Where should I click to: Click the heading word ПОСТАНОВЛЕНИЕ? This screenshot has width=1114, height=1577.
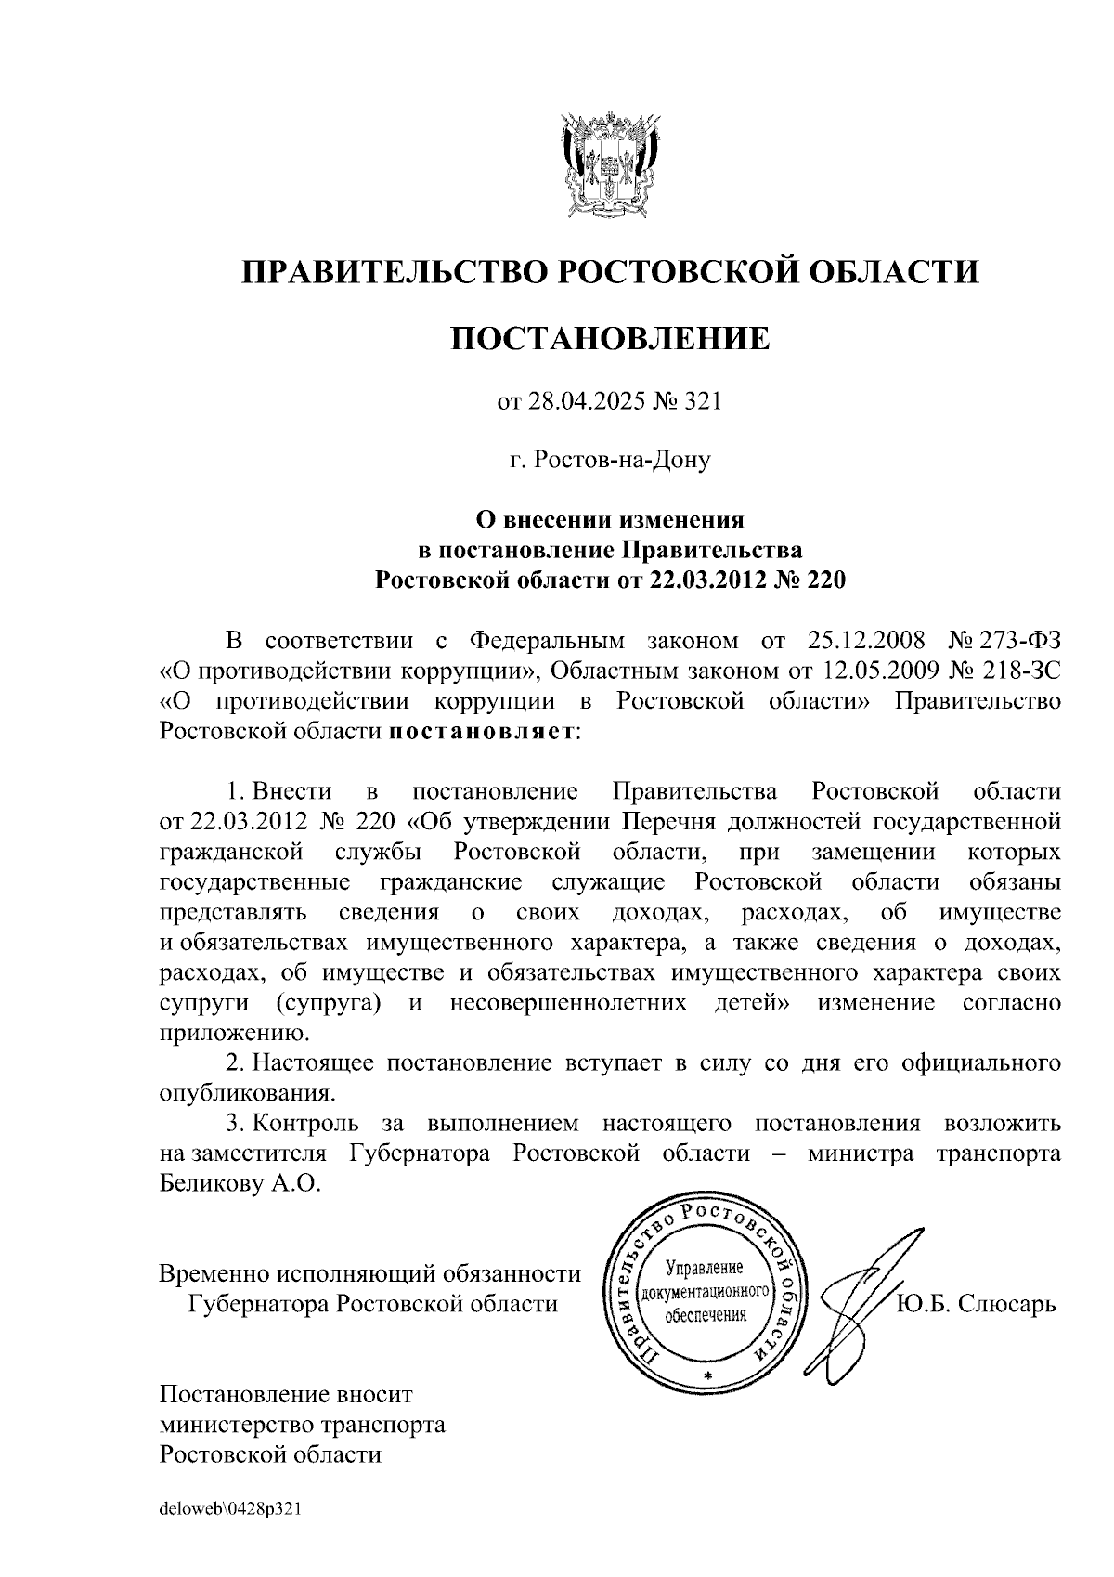[x=610, y=338]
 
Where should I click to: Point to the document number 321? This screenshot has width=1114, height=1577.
[x=702, y=401]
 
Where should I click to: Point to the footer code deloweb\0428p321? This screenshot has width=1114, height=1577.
[x=231, y=1509]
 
